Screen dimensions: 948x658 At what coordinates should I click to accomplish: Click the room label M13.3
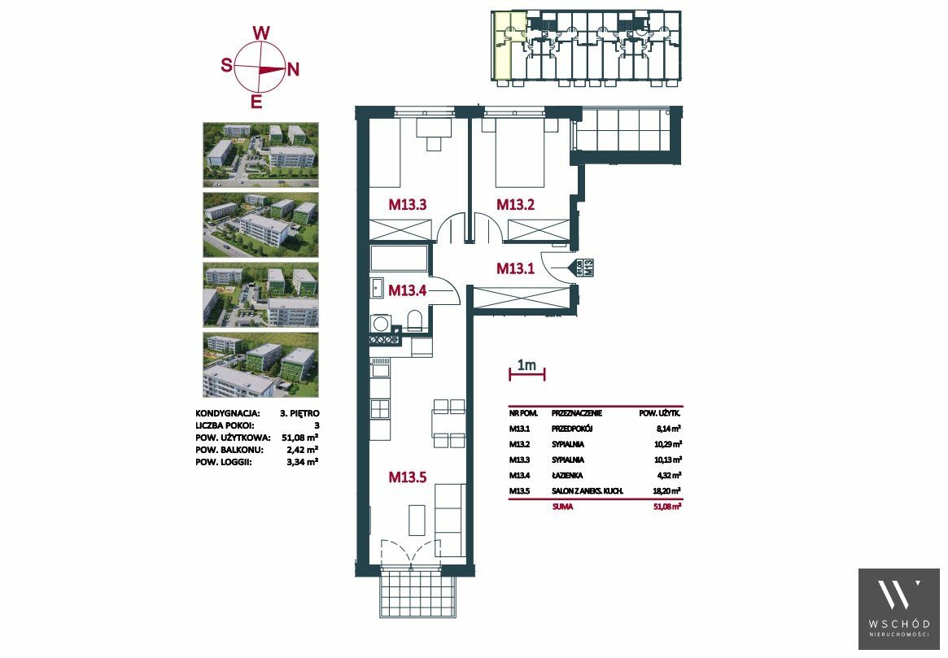[408, 205]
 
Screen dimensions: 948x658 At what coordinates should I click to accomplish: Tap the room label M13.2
[516, 205]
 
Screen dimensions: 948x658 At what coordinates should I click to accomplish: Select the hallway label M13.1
[515, 268]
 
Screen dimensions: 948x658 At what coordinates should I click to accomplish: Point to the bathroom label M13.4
[408, 290]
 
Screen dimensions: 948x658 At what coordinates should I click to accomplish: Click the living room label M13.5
[408, 477]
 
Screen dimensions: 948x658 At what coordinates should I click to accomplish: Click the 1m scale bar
[527, 375]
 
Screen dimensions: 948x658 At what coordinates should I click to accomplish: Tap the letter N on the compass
[293, 70]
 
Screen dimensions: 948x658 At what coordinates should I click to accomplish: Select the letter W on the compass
[260, 33]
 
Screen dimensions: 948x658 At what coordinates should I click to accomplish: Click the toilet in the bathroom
[415, 320]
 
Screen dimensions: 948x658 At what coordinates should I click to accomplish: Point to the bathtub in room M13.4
[399, 259]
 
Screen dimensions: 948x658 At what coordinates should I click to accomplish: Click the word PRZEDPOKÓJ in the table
[572, 429]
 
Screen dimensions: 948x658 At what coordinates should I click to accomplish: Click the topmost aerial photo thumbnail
[260, 155]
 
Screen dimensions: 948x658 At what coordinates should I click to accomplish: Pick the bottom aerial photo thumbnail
[260, 364]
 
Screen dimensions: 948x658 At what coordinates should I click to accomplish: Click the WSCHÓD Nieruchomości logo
[899, 608]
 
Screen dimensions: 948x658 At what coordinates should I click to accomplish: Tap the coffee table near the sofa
[417, 521]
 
